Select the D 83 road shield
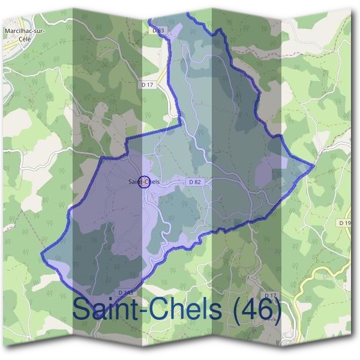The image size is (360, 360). [x=158, y=29]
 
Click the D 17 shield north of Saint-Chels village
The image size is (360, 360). [x=149, y=85]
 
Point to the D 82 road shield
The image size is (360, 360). [x=194, y=181]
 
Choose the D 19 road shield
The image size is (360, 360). [x=344, y=223]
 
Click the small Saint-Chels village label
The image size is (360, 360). [x=144, y=181]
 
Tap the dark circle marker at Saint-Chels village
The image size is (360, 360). [x=143, y=181]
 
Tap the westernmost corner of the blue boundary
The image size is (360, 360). [x=41, y=254]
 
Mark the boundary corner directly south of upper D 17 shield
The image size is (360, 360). [x=179, y=126]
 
